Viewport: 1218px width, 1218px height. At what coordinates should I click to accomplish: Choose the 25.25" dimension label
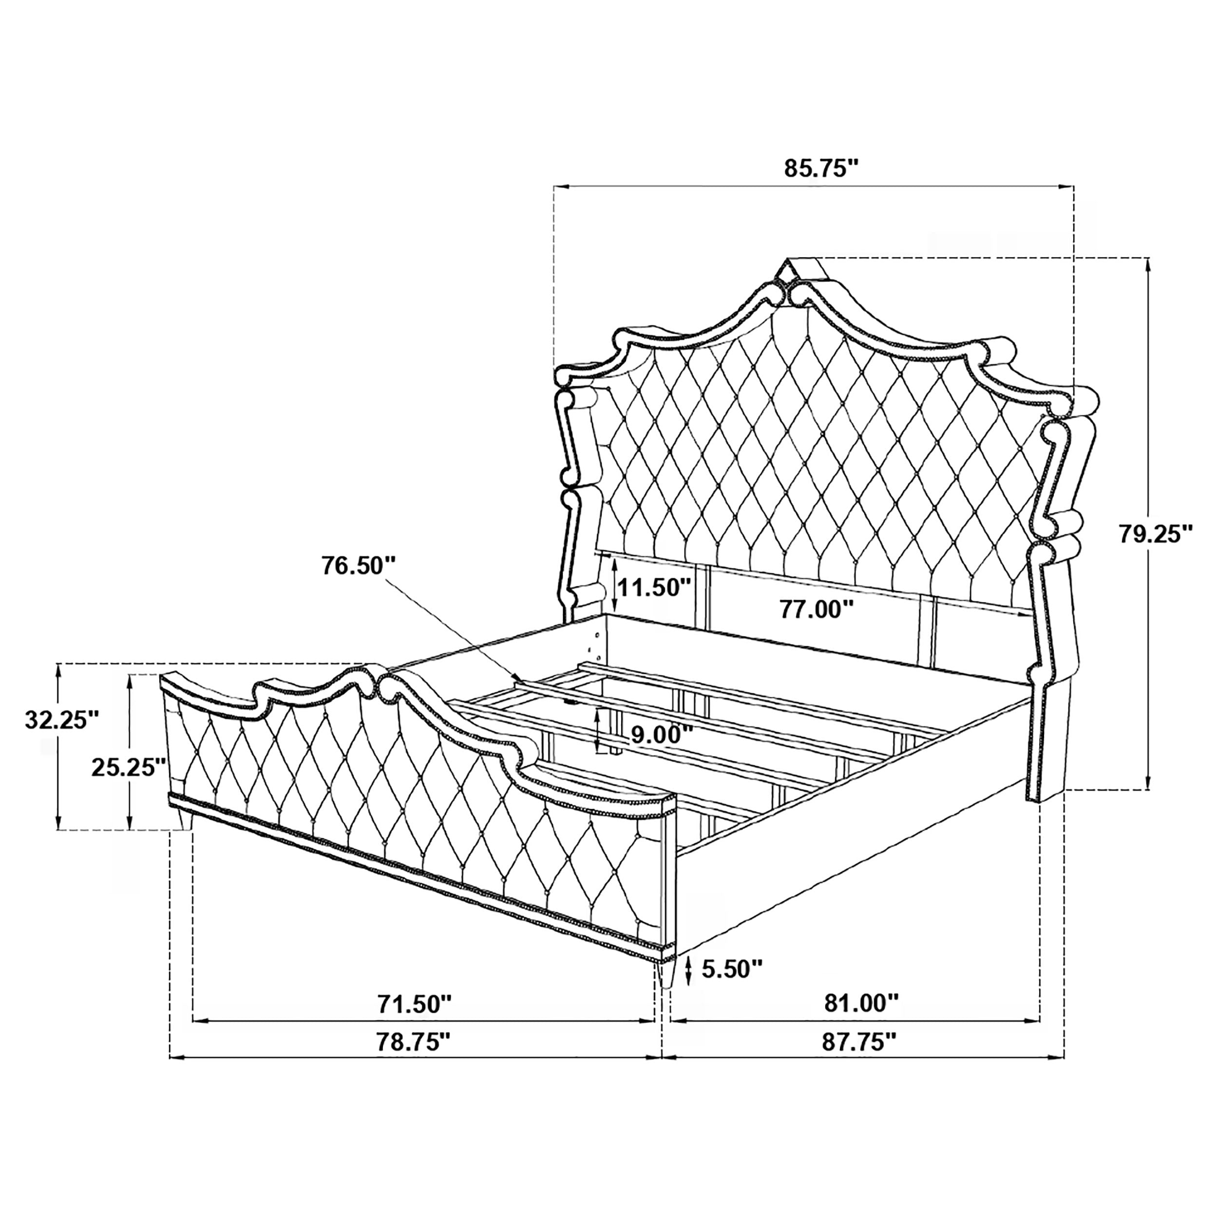tap(129, 767)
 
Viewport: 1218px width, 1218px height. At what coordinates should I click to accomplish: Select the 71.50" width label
tap(414, 1021)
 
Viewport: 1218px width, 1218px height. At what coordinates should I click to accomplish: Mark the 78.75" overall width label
tap(414, 1059)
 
